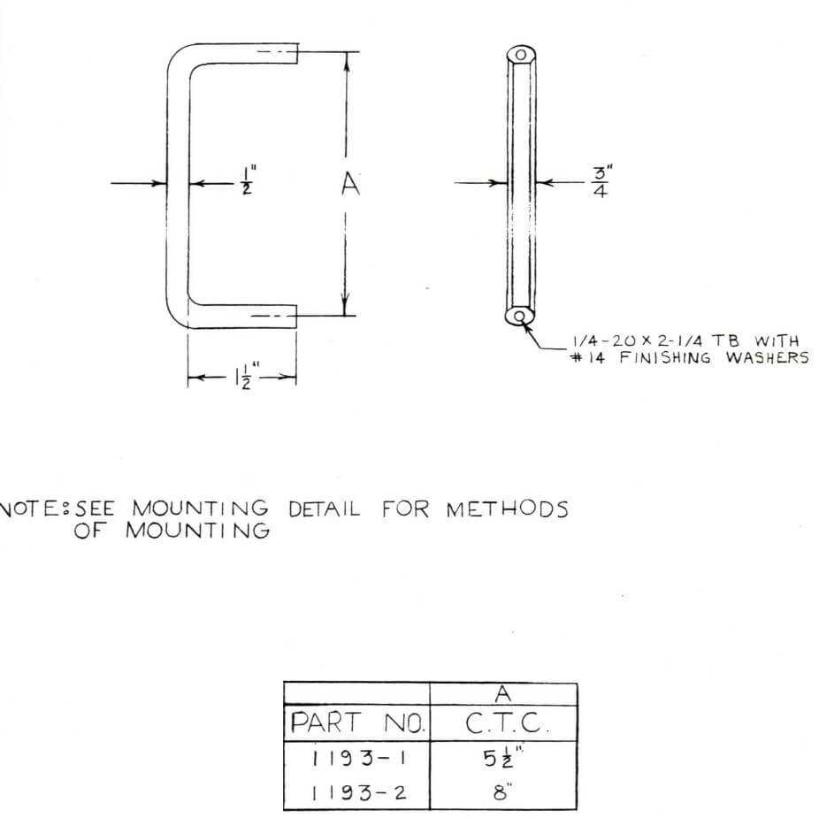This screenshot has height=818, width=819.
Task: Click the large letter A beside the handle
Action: pyautogui.click(x=350, y=185)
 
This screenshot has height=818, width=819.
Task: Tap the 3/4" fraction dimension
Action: pyautogui.click(x=600, y=183)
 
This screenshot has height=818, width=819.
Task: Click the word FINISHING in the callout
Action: pyautogui.click(x=665, y=358)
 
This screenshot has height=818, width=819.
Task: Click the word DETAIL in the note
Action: pyautogui.click(x=325, y=509)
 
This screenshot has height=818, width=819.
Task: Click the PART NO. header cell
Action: pyautogui.click(x=356, y=725)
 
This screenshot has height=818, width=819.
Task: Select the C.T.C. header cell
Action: pyautogui.click(x=503, y=725)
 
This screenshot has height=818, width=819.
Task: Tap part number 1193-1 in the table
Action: pyautogui.click(x=356, y=759)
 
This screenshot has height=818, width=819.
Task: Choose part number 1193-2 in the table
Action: pyautogui.click(x=356, y=791)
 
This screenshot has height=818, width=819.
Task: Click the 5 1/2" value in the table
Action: pyautogui.click(x=503, y=758)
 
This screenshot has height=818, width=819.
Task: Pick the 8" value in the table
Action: pyautogui.click(x=503, y=791)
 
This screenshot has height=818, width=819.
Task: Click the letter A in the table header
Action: pyautogui.click(x=503, y=694)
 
